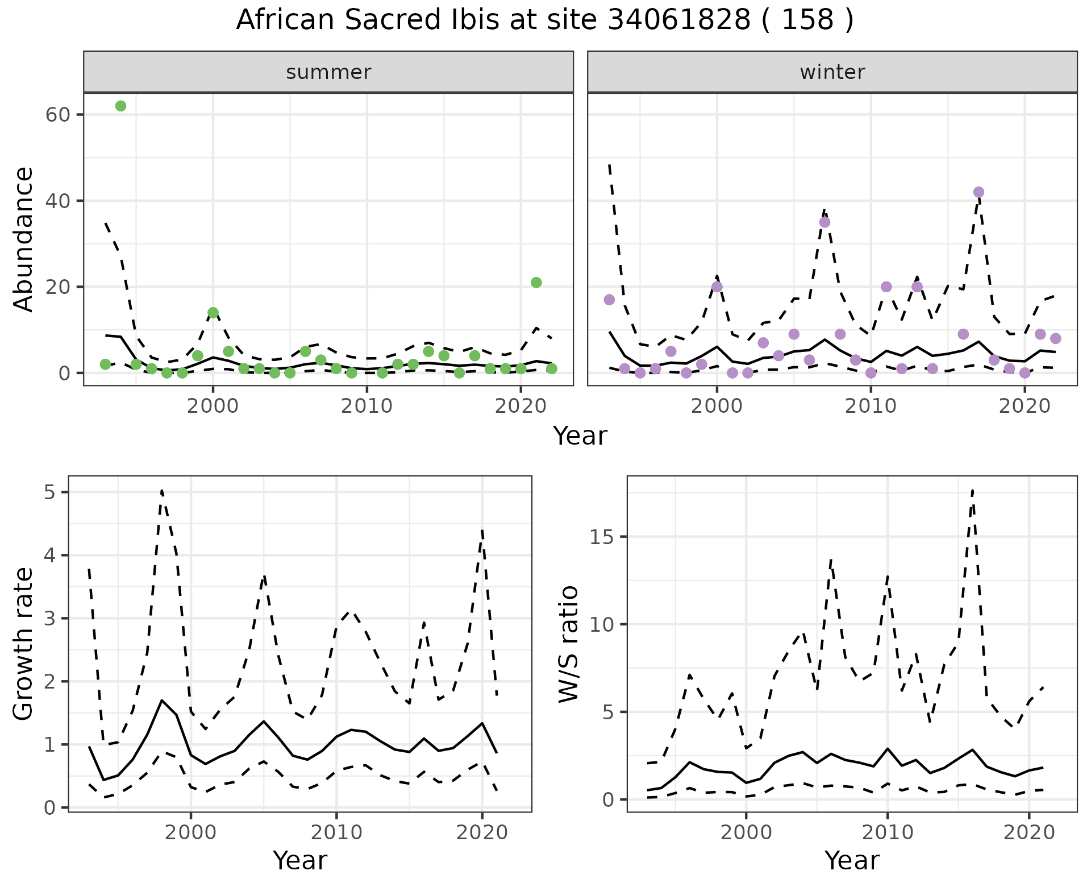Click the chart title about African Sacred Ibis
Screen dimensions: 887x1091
tap(544, 20)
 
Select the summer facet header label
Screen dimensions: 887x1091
tap(328, 72)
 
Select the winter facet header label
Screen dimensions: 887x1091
tap(832, 72)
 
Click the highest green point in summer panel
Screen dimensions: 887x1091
tap(120, 106)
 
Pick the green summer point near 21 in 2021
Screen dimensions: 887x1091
tap(536, 283)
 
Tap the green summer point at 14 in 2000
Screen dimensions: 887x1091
tap(213, 313)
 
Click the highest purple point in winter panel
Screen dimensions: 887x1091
tap(978, 192)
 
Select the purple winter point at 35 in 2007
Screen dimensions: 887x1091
tap(825, 222)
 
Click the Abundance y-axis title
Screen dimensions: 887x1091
tap(24, 239)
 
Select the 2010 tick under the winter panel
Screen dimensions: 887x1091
tap(871, 406)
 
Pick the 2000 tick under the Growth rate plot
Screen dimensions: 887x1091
tap(191, 832)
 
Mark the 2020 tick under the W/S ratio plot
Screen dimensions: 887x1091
tap(1028, 832)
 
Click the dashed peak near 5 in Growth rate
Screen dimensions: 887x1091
tap(162, 490)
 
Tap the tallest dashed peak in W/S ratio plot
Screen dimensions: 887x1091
tap(972, 490)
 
